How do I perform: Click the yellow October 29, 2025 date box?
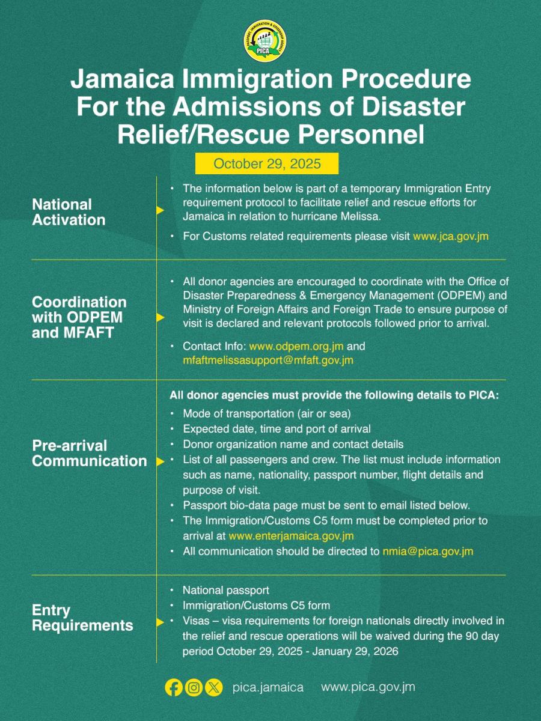(x=267, y=163)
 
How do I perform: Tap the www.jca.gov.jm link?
(x=450, y=236)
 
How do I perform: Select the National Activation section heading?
(x=69, y=212)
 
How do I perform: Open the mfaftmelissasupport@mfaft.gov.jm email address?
(x=268, y=360)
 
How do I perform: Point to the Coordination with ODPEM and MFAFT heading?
(x=79, y=317)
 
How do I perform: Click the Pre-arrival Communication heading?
(x=89, y=453)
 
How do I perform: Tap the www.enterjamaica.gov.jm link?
(x=291, y=535)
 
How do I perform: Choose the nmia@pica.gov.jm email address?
(x=427, y=551)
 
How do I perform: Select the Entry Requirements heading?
(x=82, y=618)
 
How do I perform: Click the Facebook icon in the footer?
(x=174, y=687)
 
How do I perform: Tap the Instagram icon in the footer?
(x=194, y=687)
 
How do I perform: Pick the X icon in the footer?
(x=213, y=687)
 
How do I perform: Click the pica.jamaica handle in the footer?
(x=267, y=687)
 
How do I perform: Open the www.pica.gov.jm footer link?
(x=368, y=687)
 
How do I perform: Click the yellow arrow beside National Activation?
(x=160, y=210)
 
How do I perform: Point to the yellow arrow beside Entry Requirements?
(x=160, y=622)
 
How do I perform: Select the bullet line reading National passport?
(x=226, y=591)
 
